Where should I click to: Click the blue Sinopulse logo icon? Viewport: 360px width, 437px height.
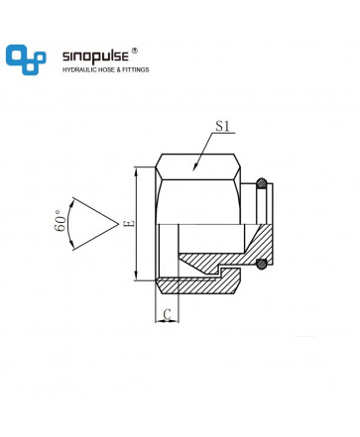[x=26, y=59]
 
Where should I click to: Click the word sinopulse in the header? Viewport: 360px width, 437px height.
[x=95, y=56]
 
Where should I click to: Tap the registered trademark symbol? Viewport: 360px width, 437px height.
[x=134, y=51]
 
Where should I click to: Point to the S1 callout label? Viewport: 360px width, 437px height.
[x=222, y=126]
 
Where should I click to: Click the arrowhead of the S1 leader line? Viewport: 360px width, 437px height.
[x=195, y=167]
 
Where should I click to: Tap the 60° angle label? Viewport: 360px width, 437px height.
[x=60, y=221]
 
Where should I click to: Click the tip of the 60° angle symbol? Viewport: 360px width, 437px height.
[x=118, y=224]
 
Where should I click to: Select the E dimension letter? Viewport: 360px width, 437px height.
[x=130, y=223]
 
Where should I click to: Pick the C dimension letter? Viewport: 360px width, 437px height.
[x=168, y=314]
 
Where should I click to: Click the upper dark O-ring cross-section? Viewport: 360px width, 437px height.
[x=262, y=183]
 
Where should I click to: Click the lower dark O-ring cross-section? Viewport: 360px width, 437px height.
[x=262, y=264]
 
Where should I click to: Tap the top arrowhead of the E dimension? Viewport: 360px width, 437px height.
[x=137, y=170]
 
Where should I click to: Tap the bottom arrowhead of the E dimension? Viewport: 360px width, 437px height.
[x=137, y=276]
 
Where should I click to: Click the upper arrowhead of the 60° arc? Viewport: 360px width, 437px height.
[x=70, y=205]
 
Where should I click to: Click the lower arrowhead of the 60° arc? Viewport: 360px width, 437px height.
[x=71, y=245]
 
